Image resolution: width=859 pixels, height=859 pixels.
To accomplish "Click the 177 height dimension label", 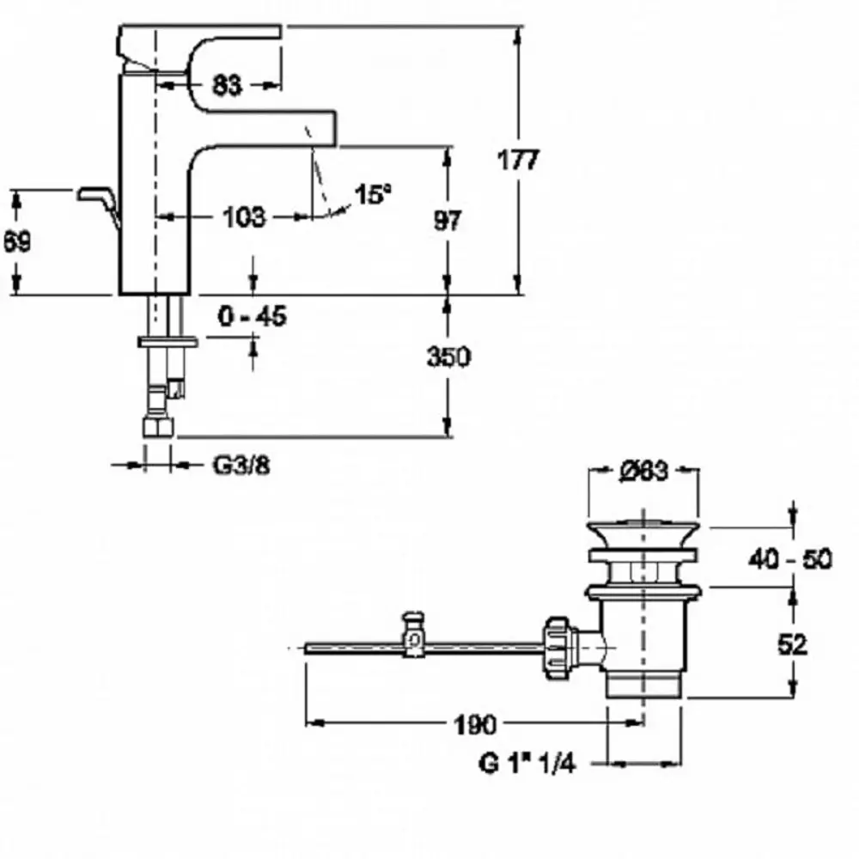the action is click(x=518, y=160).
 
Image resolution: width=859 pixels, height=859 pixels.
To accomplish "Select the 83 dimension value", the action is click(x=226, y=85).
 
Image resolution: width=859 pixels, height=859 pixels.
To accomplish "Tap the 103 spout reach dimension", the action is click(x=244, y=217).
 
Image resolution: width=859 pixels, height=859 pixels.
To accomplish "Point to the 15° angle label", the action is click(x=373, y=194).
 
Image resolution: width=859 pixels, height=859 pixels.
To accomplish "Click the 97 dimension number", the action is click(x=448, y=220).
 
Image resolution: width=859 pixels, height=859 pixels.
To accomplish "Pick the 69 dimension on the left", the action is click(x=17, y=241).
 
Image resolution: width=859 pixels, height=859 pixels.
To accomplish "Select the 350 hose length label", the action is click(x=448, y=356).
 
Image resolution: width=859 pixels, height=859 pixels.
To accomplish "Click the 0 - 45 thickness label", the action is click(x=252, y=316).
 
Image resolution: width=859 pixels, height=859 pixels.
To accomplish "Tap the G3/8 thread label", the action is click(x=241, y=466).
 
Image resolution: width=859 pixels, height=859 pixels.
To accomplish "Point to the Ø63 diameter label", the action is click(x=644, y=471).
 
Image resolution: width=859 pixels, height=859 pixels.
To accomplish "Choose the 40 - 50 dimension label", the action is click(x=790, y=559).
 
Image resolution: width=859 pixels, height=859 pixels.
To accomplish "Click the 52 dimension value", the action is click(x=792, y=645).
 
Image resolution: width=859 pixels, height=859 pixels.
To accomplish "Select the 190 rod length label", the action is click(x=475, y=725).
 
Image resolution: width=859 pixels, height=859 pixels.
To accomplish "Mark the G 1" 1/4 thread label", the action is click(x=527, y=763).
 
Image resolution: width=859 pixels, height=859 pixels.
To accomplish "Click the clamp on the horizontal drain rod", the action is click(x=414, y=635).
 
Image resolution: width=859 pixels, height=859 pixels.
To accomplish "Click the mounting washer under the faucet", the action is click(x=168, y=343).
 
